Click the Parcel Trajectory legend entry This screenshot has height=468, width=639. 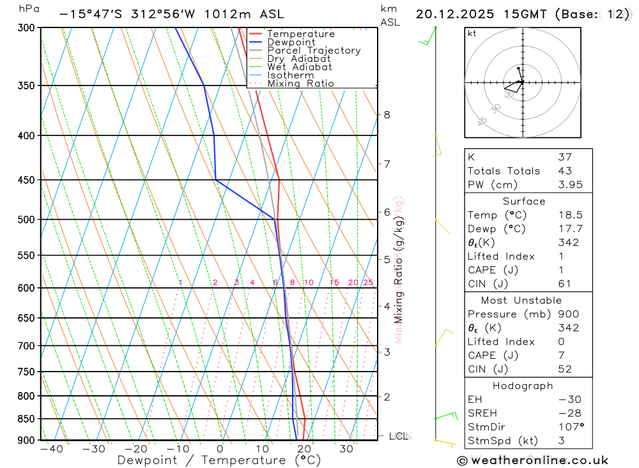point(314,50)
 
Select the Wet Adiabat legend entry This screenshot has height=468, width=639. point(300,67)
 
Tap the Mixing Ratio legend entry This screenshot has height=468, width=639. point(300,84)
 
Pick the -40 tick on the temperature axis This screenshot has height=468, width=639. point(52,449)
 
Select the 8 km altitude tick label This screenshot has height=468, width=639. point(387,115)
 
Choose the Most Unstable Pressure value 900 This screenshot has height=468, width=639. point(567,314)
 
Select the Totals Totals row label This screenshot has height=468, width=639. point(504,171)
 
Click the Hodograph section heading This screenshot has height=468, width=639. point(523,386)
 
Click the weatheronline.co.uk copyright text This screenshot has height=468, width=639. point(532,460)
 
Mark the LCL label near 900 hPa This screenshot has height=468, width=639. point(399,437)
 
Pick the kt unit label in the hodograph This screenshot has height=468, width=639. point(472,33)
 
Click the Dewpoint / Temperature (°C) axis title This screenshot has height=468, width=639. point(219,460)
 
